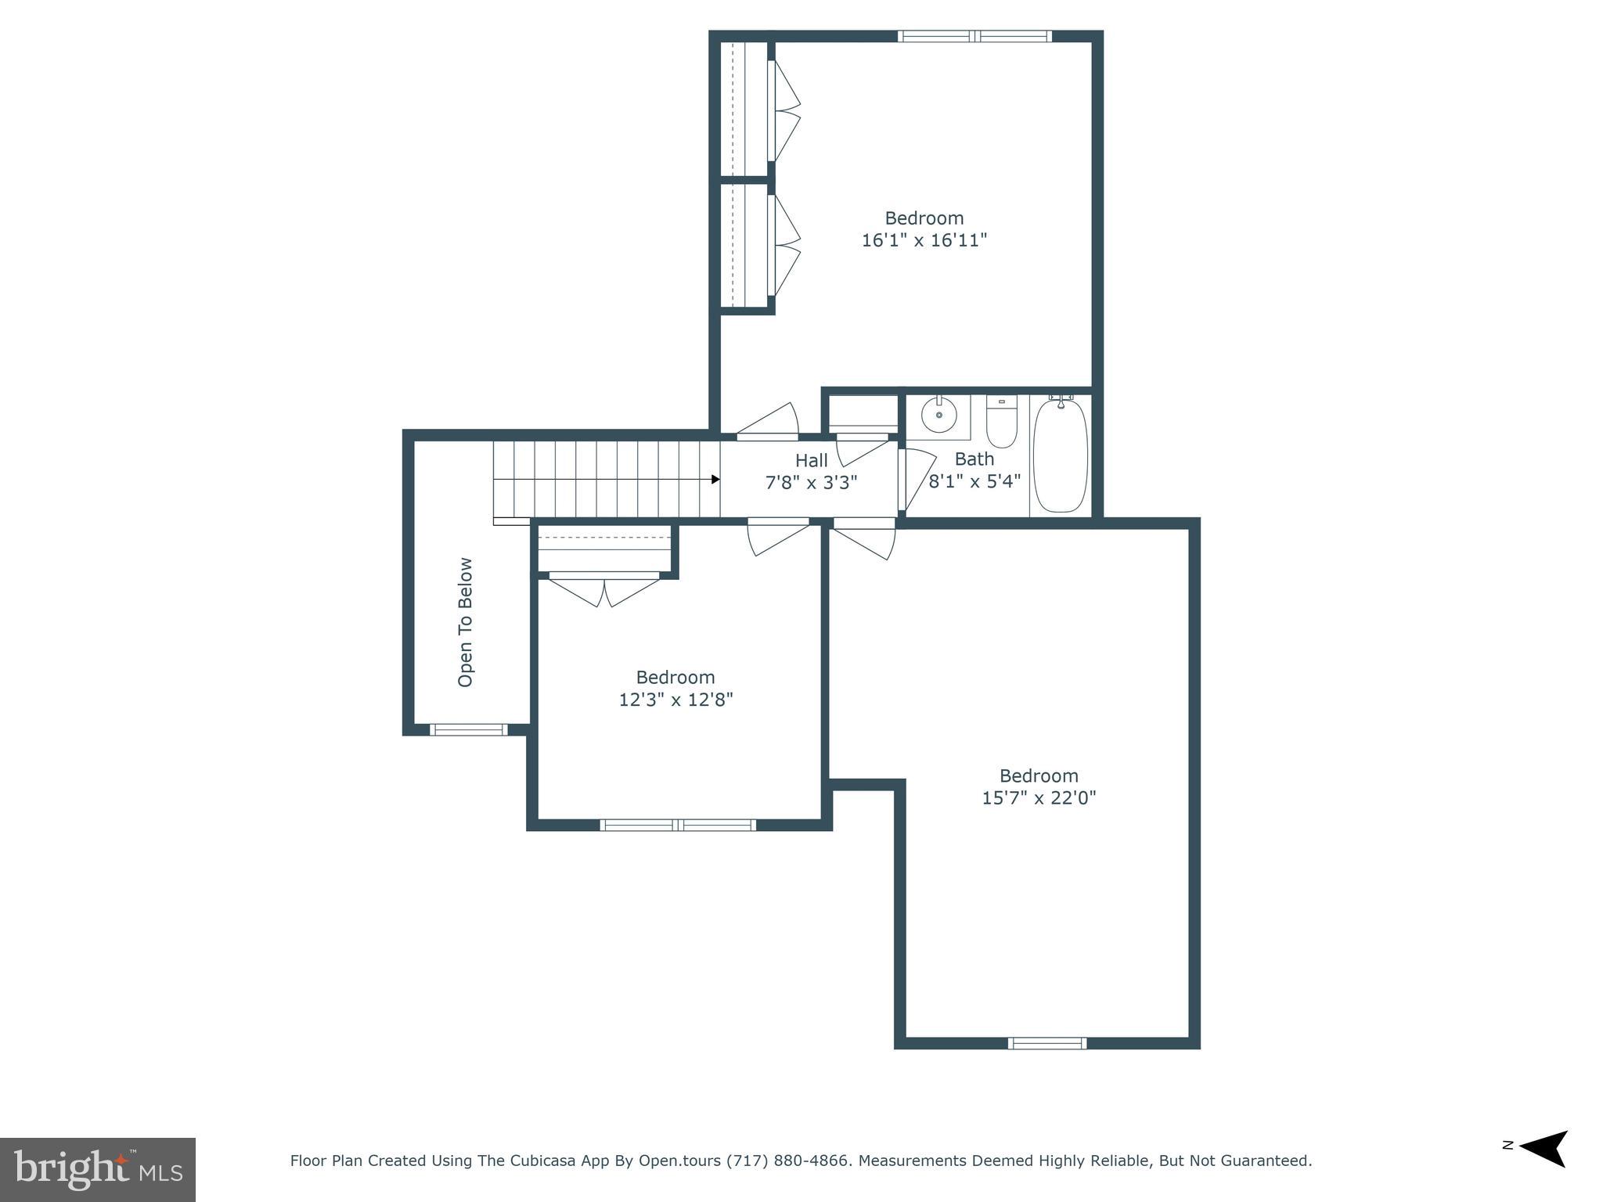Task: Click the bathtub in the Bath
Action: (x=1061, y=455)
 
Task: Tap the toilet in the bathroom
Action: (x=1001, y=423)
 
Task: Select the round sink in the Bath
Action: (x=938, y=415)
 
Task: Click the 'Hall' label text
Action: (x=811, y=460)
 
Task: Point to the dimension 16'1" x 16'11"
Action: (x=924, y=240)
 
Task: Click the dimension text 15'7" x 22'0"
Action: (x=1039, y=797)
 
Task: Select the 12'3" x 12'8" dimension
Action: (x=675, y=699)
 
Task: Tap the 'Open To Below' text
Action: (x=465, y=622)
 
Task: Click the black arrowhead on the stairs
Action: (x=715, y=479)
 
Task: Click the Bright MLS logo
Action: (x=98, y=1170)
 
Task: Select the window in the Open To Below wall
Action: (x=468, y=730)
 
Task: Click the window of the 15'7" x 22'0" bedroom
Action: (x=1046, y=1042)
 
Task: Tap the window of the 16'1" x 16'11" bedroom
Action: (x=974, y=36)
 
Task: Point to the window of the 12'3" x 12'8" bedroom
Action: (x=678, y=825)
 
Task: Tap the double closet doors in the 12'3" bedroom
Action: (x=603, y=591)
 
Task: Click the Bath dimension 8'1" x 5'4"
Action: (x=974, y=481)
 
